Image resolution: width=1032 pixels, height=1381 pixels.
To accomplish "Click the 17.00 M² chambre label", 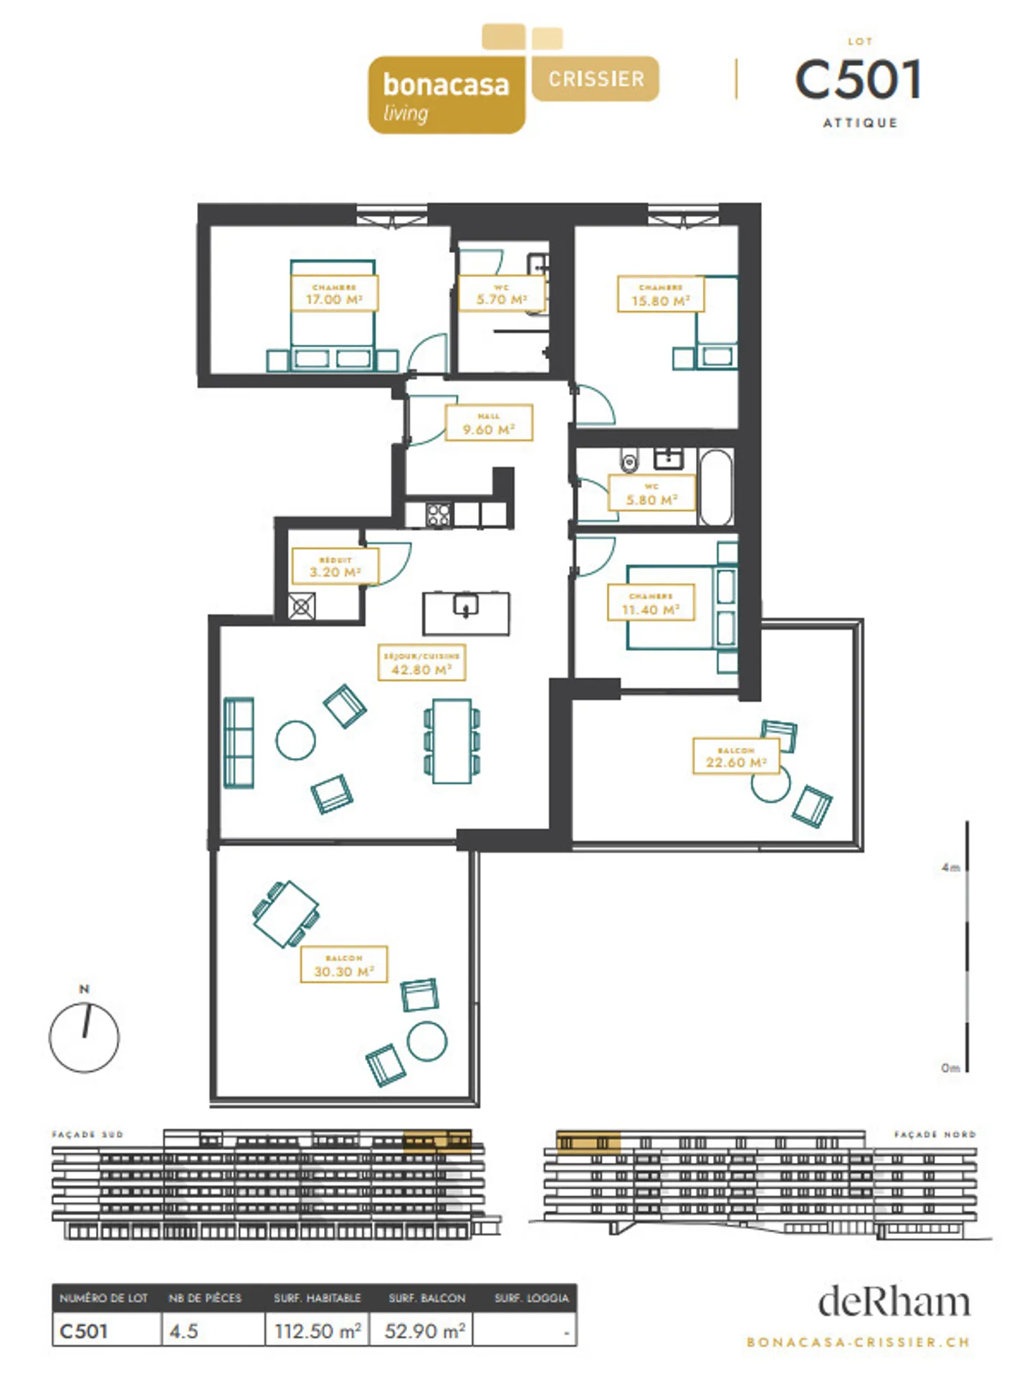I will coord(334,294).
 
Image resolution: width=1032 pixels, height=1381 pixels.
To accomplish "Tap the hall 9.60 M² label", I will coord(489,423).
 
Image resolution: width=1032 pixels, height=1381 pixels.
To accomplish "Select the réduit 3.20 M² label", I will coord(335,566).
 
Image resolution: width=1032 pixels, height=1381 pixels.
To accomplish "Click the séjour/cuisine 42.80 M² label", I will coord(421,663).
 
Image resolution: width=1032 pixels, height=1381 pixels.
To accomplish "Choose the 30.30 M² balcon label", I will coord(344,964).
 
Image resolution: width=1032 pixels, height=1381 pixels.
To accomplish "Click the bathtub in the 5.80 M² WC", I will coord(716,487).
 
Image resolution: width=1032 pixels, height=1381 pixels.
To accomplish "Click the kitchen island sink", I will coord(467,607).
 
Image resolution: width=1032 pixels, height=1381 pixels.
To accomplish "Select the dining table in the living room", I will coord(451,741).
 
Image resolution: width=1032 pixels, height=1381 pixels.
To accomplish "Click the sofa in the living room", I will coord(239,743).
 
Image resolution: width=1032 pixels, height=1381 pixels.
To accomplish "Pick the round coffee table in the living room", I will coord(296,740).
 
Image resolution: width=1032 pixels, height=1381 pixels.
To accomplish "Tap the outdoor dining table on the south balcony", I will coord(286,913).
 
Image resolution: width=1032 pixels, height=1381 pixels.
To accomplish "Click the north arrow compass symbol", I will coord(84,1035).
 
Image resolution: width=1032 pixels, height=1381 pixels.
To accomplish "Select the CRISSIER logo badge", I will coord(596,79).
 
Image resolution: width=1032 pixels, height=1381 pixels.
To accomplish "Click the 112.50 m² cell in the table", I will coord(317,1332).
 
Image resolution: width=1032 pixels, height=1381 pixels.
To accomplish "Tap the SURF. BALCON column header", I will coord(426,1298).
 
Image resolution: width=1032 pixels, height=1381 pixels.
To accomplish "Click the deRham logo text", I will coord(894,1302).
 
